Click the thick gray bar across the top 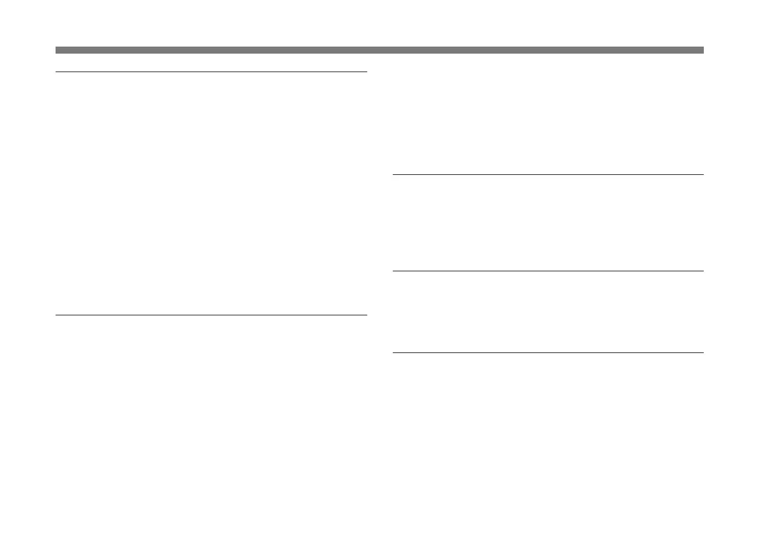(379, 50)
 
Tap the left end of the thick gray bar (57, 50)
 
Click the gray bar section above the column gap (380, 50)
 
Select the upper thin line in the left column (211, 72)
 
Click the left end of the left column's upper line (57, 72)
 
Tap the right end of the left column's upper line (366, 72)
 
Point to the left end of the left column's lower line (57, 315)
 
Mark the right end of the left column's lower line (366, 315)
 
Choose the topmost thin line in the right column (547, 174)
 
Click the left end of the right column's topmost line (393, 174)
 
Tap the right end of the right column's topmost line (702, 174)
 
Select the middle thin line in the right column (547, 271)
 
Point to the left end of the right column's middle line (393, 271)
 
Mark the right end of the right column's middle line (702, 271)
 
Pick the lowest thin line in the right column (547, 352)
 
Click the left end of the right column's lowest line (393, 352)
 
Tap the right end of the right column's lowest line (702, 352)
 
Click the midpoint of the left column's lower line (211, 315)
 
